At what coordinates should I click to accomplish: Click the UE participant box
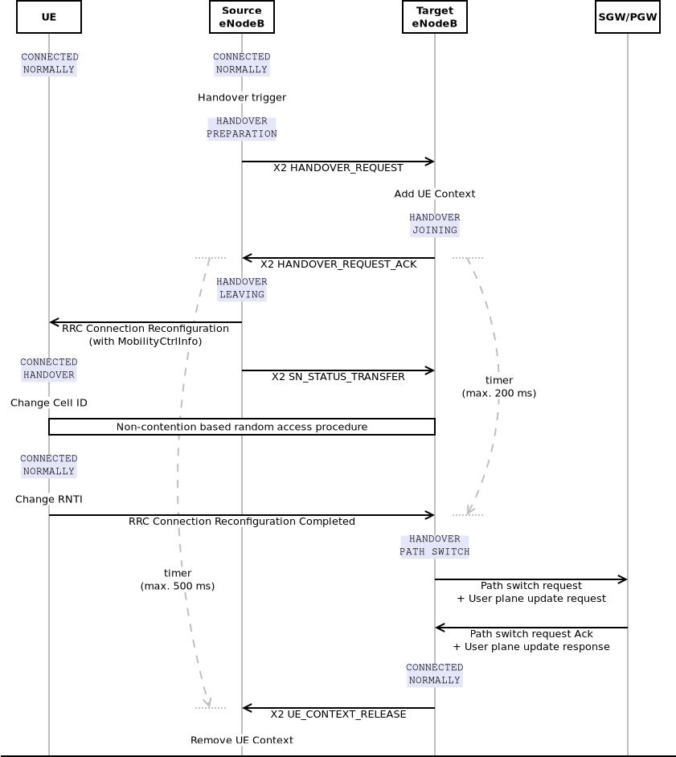tap(49, 17)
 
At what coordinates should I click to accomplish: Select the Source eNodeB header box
tap(242, 17)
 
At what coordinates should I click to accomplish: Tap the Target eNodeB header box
tap(435, 17)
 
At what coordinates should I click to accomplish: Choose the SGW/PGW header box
tap(628, 17)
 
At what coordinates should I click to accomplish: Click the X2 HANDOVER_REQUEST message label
tap(338, 168)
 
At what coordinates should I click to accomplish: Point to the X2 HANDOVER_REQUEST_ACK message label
tap(338, 264)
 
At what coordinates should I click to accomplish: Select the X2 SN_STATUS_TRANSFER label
tap(338, 377)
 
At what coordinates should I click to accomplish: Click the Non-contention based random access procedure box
tap(242, 427)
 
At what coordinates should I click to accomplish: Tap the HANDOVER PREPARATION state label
tap(242, 128)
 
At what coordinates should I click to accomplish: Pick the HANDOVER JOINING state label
tap(435, 224)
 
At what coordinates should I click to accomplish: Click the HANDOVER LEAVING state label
tap(242, 288)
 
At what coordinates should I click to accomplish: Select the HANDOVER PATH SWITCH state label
tap(435, 546)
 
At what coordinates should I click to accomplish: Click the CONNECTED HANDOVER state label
tap(49, 369)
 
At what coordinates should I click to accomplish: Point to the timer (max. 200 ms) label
tap(499, 387)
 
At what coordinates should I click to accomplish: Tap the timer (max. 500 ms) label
tap(178, 579)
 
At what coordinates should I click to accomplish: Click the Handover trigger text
tap(242, 97)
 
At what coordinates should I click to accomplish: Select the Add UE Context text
tap(435, 194)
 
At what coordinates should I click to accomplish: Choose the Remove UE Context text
tap(242, 740)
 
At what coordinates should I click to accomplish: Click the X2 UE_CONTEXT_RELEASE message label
tap(338, 714)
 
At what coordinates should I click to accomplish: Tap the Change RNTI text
tap(49, 499)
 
